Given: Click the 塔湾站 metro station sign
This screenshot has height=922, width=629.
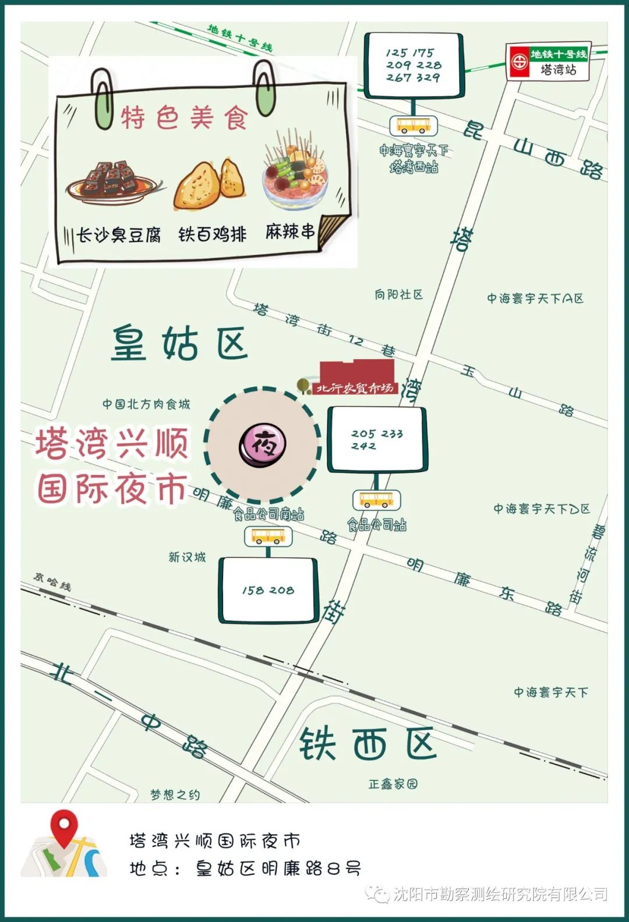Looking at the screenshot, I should (549, 61).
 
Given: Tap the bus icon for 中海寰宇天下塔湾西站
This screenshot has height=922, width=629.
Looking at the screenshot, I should (414, 125).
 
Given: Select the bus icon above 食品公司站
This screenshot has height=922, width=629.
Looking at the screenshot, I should (376, 500).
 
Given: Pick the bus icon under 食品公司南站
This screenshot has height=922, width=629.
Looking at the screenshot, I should (268, 536).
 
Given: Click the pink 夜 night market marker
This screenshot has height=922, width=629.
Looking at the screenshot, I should (263, 445).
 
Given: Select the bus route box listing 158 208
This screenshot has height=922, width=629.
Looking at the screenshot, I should (268, 590).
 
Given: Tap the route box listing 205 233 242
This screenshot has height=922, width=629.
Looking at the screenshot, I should (377, 439).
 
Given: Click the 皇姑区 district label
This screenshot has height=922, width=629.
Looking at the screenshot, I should (180, 343).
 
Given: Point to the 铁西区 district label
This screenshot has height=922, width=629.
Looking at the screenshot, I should (367, 743).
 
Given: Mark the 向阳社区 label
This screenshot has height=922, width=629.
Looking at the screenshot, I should (398, 295).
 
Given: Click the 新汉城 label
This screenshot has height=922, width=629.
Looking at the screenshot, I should (187, 557).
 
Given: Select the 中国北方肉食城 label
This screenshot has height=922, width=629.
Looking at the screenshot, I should (146, 404).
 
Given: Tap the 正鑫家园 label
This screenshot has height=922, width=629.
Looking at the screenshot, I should (393, 784).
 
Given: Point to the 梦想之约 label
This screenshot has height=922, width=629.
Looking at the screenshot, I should (175, 795).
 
